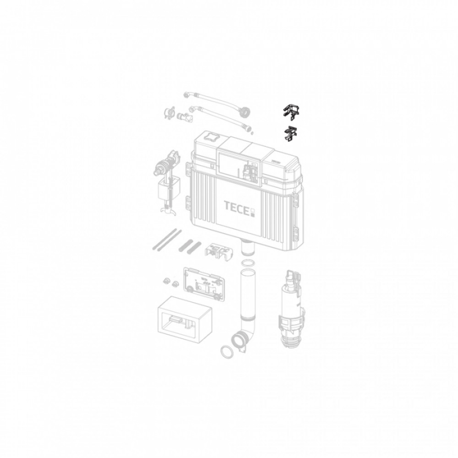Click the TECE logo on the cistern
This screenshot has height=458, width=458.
point(240,207)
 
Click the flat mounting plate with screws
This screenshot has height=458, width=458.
point(203,284)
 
